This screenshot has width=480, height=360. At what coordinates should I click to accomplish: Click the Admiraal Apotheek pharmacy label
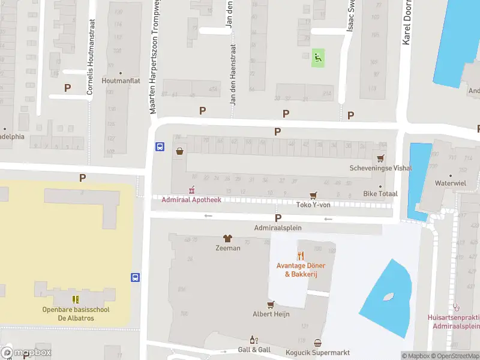[x=191, y=199]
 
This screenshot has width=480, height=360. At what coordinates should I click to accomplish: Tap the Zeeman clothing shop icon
[x=227, y=238]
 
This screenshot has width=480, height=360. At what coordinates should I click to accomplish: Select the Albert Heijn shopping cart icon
[x=271, y=304]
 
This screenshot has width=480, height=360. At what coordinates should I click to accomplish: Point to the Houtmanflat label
[x=121, y=80]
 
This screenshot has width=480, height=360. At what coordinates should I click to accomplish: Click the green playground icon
[x=317, y=58]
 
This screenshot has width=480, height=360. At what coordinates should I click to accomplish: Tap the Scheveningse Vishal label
[x=380, y=168]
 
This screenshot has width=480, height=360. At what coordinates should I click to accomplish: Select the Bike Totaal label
[x=380, y=194]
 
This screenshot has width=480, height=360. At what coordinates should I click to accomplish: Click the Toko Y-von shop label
[x=313, y=205]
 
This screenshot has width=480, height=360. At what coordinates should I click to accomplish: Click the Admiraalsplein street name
[x=278, y=228]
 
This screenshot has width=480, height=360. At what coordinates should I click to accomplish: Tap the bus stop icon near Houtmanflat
[x=160, y=146]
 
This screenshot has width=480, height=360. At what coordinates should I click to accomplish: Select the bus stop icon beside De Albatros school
[x=136, y=277]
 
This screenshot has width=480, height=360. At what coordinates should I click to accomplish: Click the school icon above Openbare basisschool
[x=76, y=299]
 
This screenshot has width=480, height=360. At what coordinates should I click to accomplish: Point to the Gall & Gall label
[x=254, y=350]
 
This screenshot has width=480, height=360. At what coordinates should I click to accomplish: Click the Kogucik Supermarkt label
[x=317, y=352]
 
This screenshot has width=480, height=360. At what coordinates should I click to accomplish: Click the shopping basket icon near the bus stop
[x=179, y=152]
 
